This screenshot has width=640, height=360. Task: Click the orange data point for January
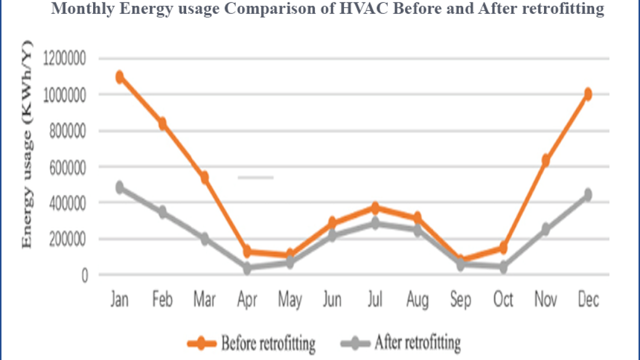(x=119, y=77)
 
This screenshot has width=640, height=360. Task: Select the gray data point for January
(x=119, y=187)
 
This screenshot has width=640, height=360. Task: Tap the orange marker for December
(x=587, y=94)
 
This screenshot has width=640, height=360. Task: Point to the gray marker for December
(x=587, y=195)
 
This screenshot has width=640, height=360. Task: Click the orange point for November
(x=545, y=160)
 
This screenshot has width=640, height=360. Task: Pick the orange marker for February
(x=162, y=123)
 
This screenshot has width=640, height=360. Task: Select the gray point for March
(x=204, y=239)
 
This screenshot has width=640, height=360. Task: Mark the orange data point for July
(x=375, y=208)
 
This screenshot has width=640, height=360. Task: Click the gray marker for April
(x=247, y=268)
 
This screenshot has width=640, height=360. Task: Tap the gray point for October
(x=503, y=267)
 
